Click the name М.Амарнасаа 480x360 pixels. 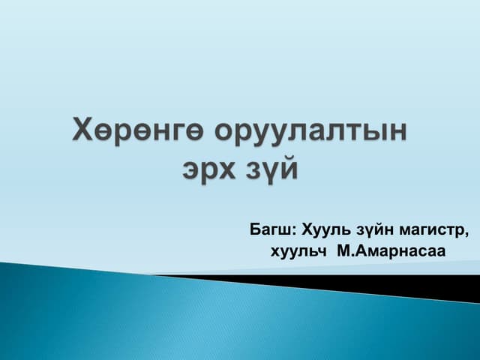click(391, 250)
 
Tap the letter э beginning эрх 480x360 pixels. click(191, 169)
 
